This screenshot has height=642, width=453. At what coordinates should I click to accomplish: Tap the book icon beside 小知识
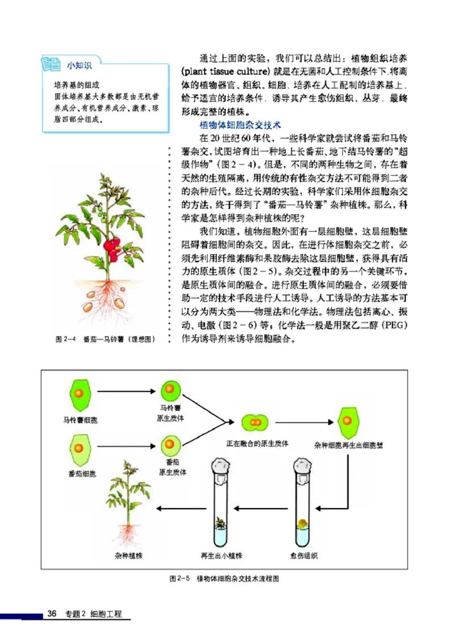pos(52,64)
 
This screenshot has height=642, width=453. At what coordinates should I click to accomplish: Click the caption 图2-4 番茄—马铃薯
pos(105,339)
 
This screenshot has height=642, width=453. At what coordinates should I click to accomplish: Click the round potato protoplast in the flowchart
pos(170,390)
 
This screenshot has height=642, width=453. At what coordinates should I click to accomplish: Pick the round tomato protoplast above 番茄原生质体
pos(170,445)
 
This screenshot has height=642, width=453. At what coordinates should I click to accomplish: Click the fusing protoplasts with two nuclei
pos(257,422)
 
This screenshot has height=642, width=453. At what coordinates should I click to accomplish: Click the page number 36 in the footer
pos(52,614)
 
